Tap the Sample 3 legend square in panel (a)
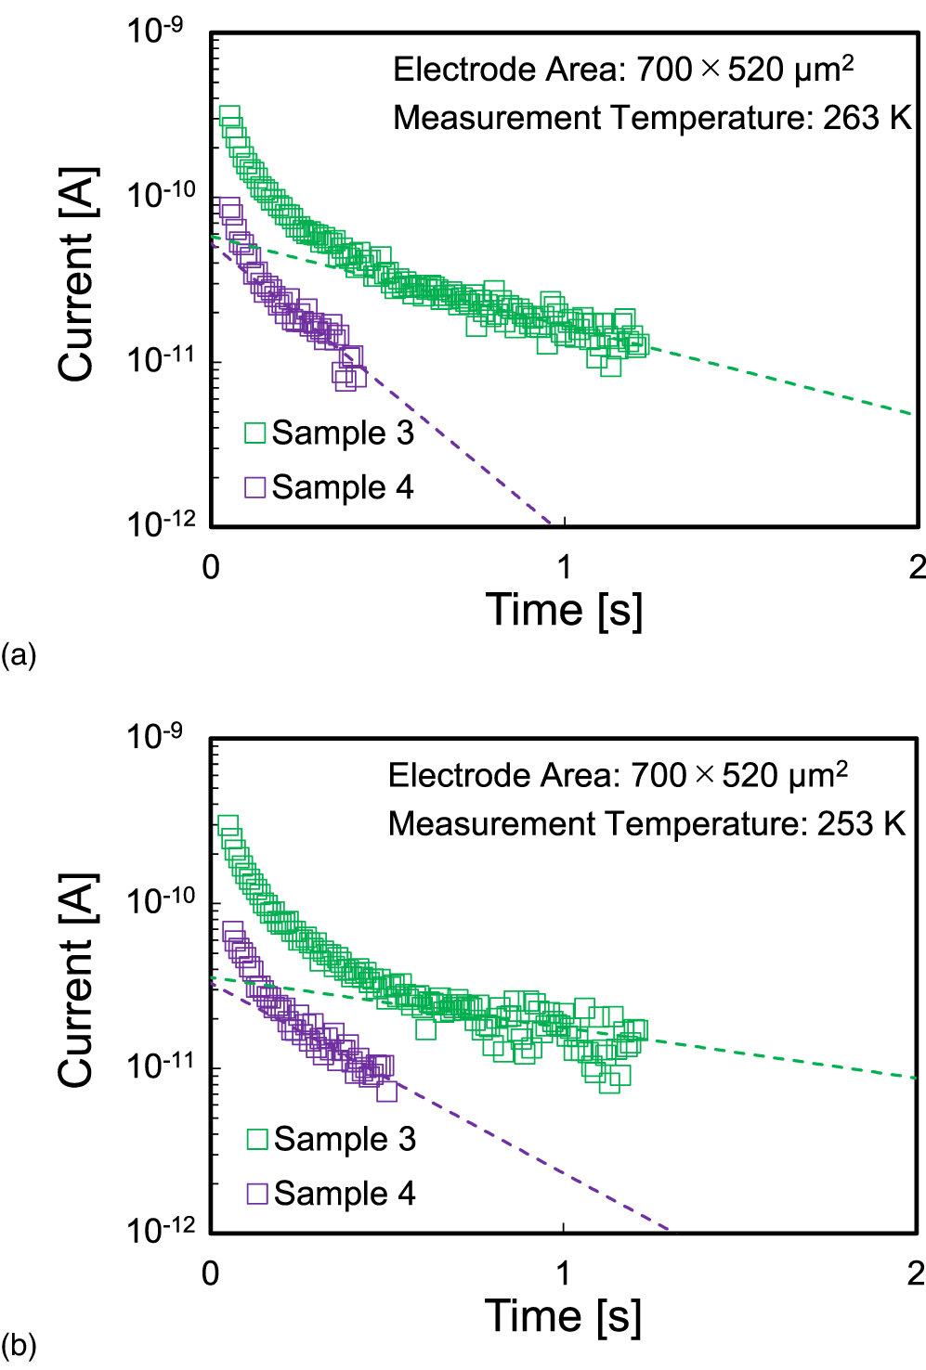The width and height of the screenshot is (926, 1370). click(255, 433)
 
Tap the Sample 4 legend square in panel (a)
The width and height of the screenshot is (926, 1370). click(255, 487)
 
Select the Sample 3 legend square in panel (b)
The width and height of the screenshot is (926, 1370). click(257, 1139)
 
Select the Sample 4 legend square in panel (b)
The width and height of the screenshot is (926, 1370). click(257, 1193)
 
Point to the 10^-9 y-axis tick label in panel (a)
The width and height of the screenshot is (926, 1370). click(155, 31)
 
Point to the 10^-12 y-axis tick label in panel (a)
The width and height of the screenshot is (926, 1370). click(162, 523)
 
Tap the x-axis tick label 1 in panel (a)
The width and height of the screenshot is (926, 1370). click(564, 567)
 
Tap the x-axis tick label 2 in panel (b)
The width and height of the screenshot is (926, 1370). click(916, 1273)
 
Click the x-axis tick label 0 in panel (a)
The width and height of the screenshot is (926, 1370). click(211, 567)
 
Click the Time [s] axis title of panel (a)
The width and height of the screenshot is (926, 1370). click(564, 610)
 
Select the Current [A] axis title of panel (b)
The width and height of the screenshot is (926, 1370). click(76, 980)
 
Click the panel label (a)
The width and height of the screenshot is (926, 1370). click(19, 655)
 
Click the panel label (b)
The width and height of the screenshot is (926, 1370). click(19, 1345)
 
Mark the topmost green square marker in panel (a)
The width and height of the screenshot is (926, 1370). click(229, 116)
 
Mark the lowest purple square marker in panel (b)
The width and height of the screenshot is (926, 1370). click(386, 1092)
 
